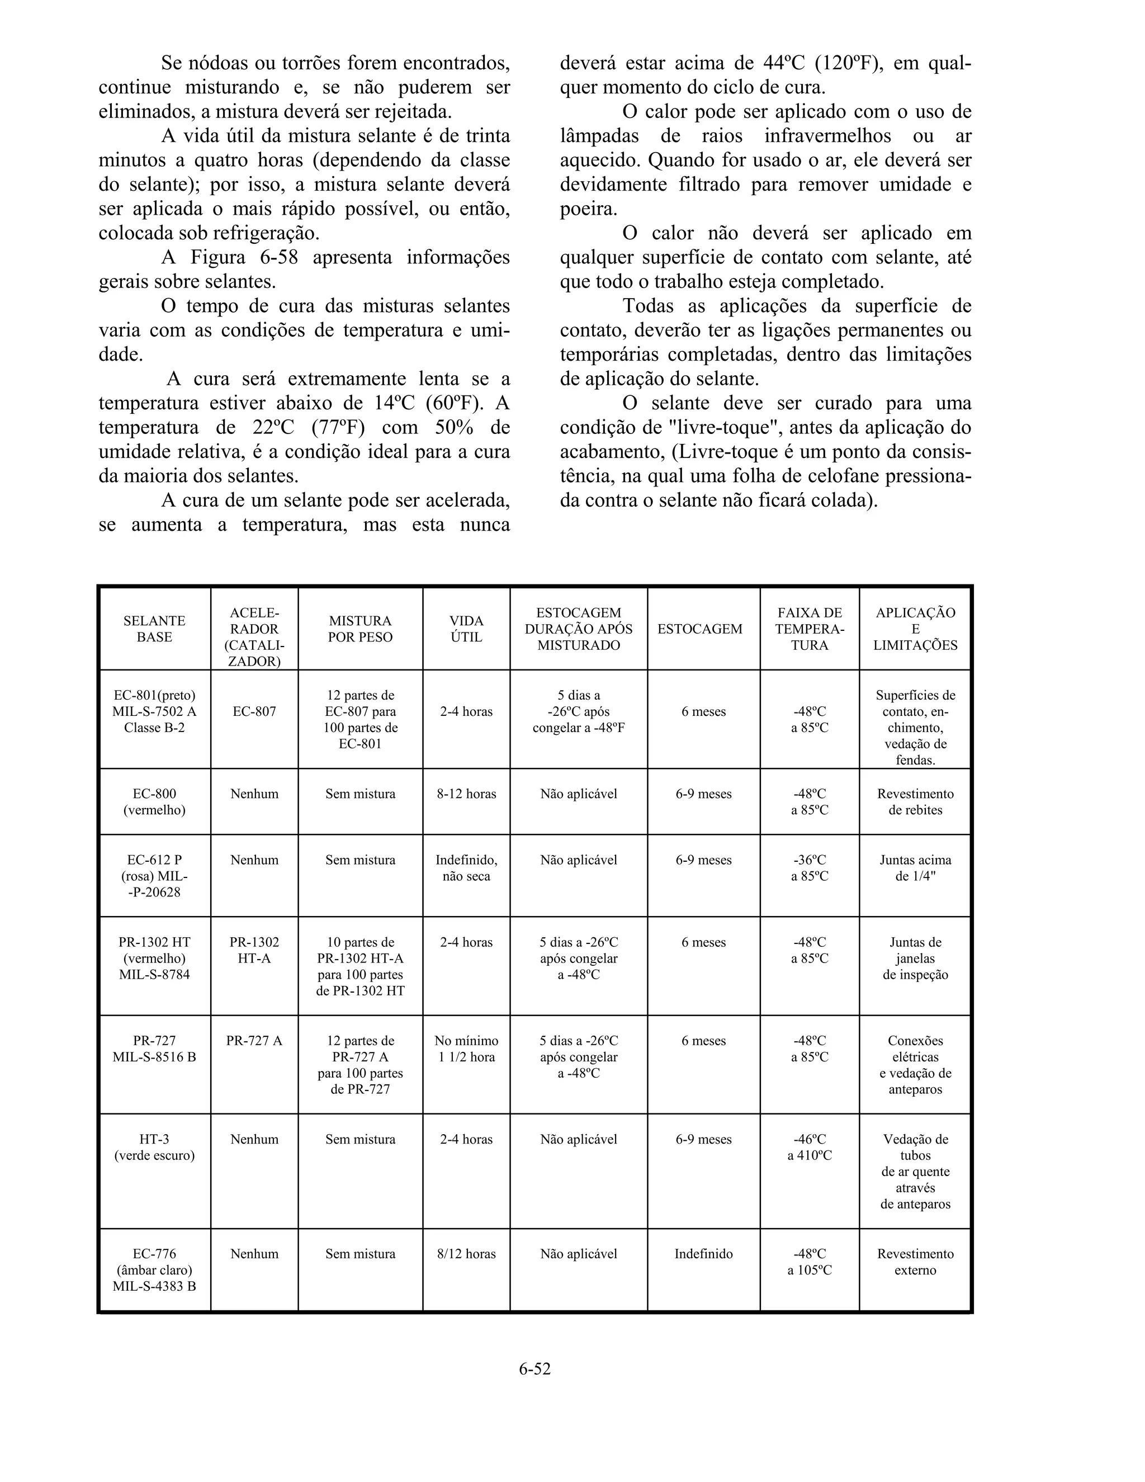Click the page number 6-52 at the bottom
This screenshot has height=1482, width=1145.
point(534,1368)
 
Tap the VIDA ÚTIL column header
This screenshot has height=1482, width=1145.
point(466,629)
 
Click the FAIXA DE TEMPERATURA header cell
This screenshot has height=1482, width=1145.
point(809,629)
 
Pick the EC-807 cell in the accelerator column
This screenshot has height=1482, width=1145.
point(254,712)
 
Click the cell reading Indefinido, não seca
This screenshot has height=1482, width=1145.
point(466,868)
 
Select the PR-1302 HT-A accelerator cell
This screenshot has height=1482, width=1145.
point(254,950)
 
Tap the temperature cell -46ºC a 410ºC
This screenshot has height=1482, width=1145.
point(809,1148)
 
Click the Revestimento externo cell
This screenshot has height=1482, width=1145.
point(915,1262)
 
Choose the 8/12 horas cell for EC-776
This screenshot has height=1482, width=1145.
point(466,1254)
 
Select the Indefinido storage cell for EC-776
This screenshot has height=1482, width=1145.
point(703,1254)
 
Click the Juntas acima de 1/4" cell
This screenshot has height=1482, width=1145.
point(915,868)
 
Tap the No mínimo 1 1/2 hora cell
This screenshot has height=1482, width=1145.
point(466,1049)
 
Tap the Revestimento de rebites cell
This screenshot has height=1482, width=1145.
point(915,801)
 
